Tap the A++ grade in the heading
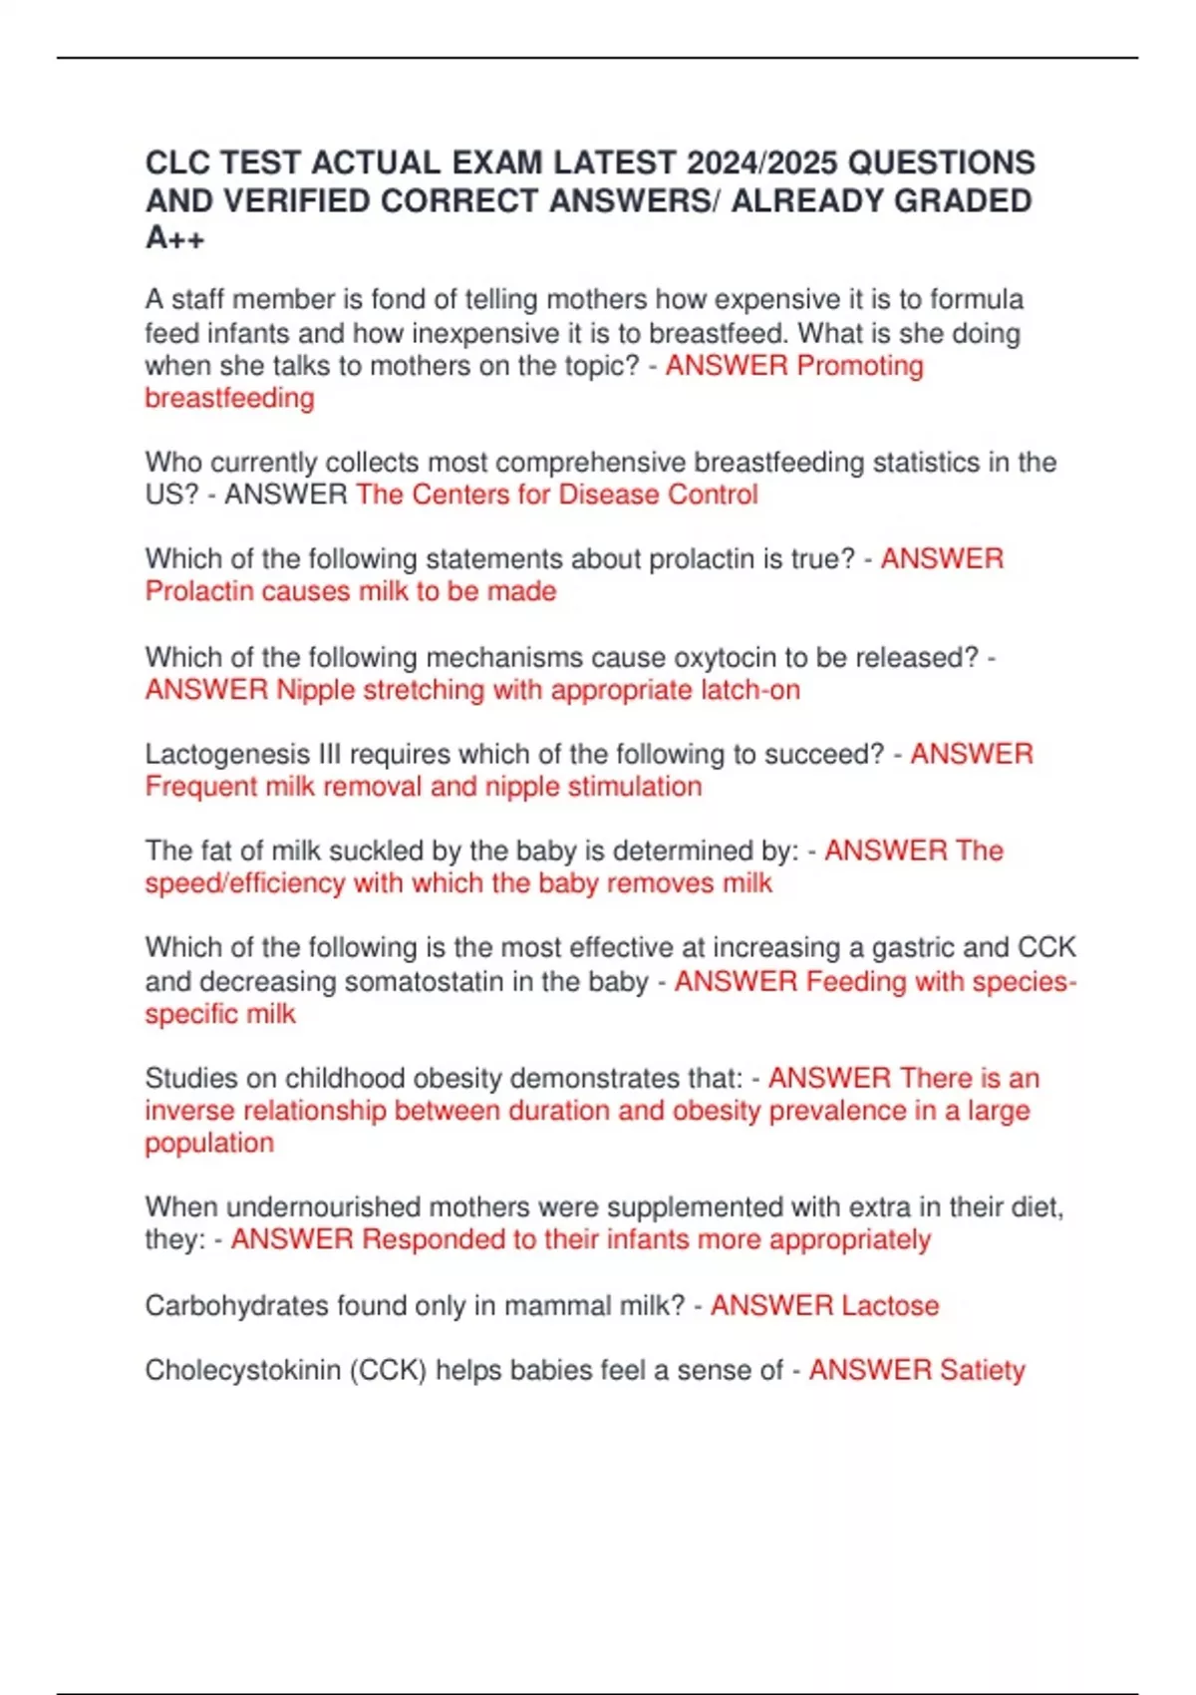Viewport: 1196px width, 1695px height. (175, 238)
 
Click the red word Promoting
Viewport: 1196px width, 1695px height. (859, 366)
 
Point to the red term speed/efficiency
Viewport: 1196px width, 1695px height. (244, 883)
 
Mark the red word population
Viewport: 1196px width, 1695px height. (209, 1143)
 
